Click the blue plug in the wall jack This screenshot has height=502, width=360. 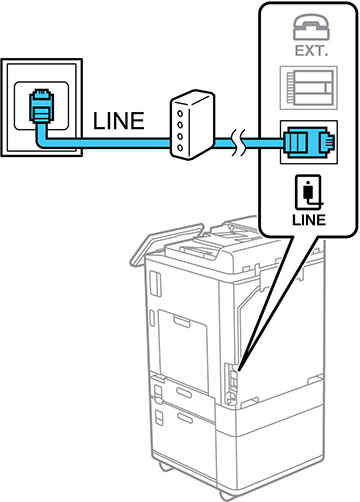(x=42, y=106)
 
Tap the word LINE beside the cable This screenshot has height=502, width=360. (x=119, y=121)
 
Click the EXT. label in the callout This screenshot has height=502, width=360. (x=311, y=51)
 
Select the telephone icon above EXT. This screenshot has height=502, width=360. (x=311, y=27)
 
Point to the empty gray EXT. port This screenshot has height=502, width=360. (x=309, y=88)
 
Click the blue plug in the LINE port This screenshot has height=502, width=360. (x=308, y=142)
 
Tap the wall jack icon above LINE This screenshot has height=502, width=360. (x=308, y=192)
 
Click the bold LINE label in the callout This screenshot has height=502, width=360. (x=309, y=220)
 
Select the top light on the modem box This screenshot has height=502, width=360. (x=180, y=113)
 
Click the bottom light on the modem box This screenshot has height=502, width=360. (x=180, y=147)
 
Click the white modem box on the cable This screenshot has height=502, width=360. (x=192, y=124)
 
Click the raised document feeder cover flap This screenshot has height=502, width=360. (x=167, y=244)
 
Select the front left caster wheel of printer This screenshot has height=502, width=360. (x=166, y=466)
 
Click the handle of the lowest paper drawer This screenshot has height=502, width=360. (x=185, y=418)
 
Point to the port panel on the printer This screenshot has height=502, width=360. (x=231, y=383)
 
